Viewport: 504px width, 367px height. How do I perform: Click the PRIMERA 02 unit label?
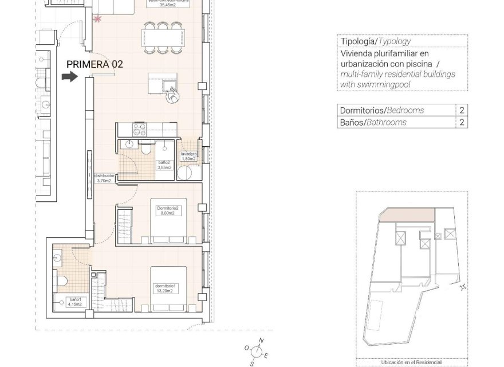tap(94, 64)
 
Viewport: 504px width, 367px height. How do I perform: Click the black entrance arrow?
tap(69, 77)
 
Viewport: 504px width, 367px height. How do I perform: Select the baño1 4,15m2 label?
tap(73, 302)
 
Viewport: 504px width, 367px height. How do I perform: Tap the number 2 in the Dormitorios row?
tap(461, 111)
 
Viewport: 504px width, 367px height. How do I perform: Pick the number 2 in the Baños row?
tap(461, 122)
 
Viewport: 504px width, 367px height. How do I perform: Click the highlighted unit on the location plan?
tap(407, 216)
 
